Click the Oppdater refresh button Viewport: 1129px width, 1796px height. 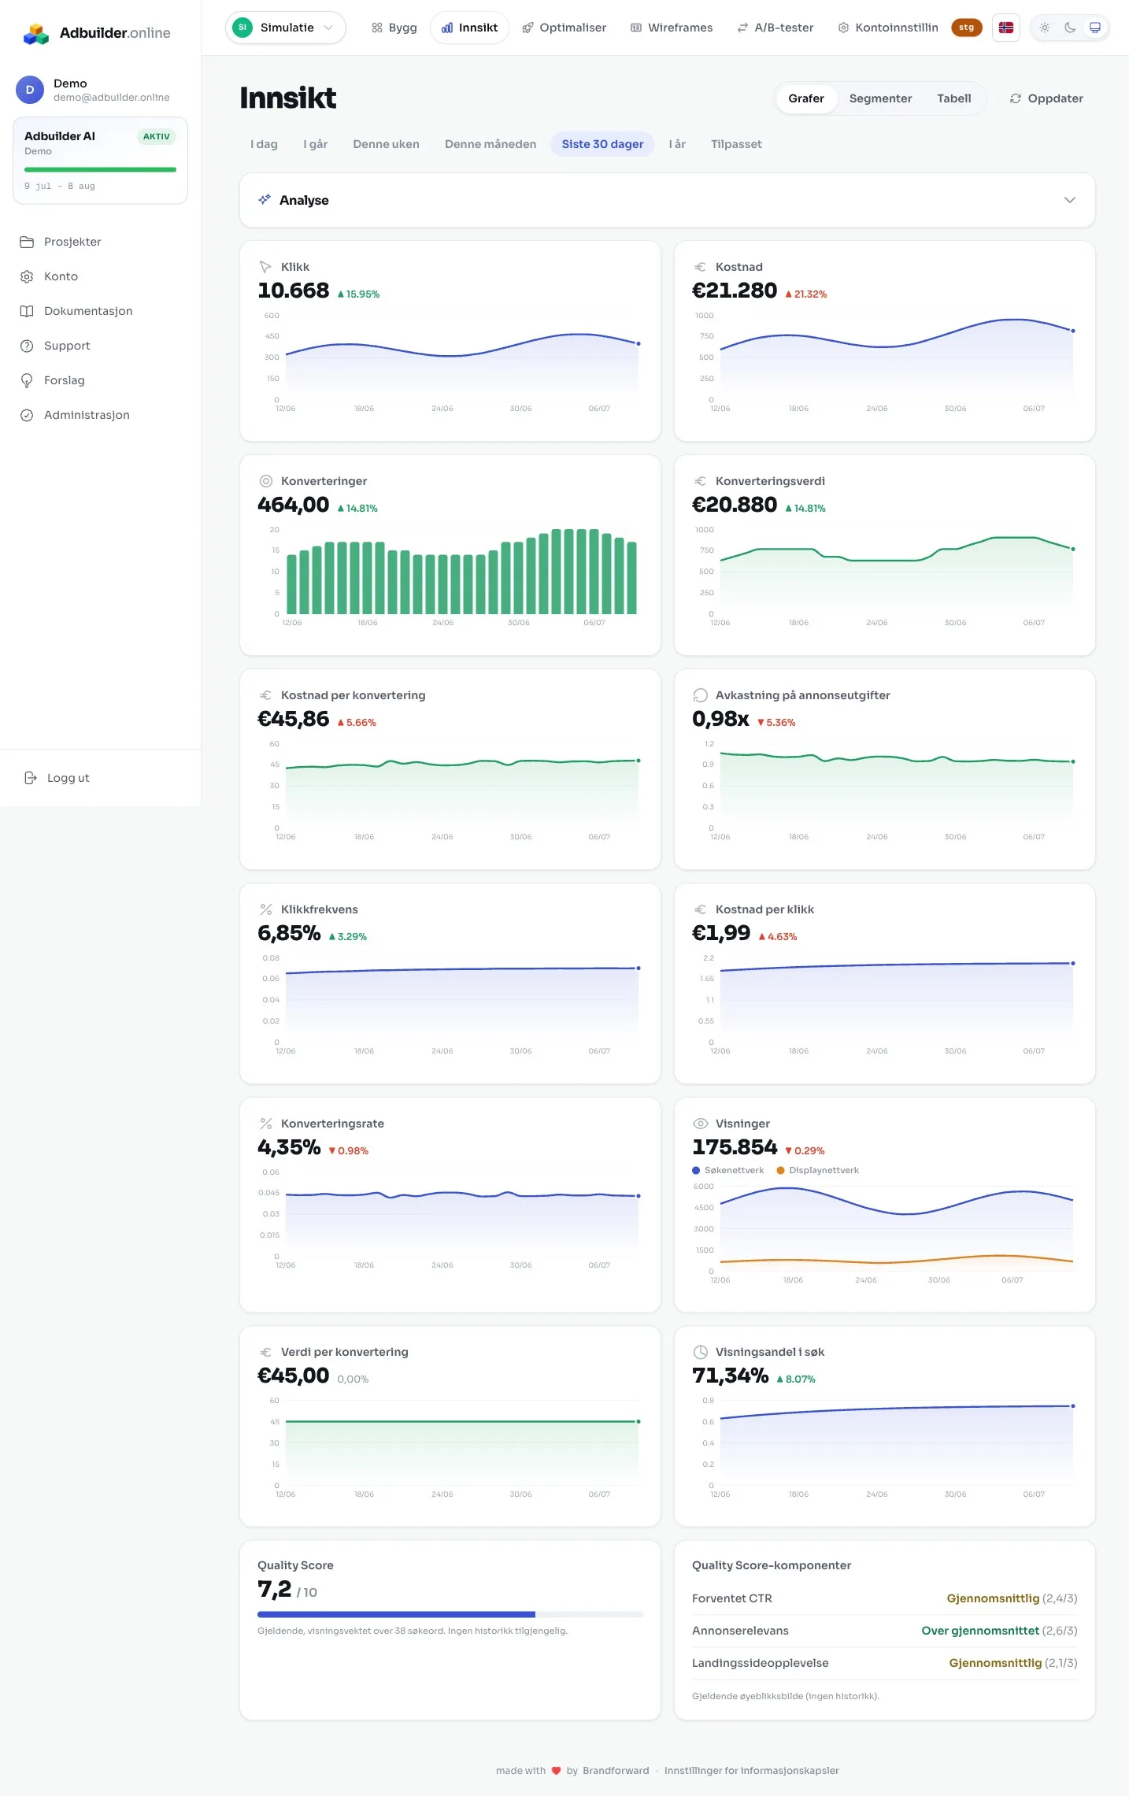[x=1046, y=98]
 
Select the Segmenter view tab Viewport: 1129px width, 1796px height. [x=880, y=98]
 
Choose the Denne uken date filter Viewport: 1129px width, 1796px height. [x=386, y=144]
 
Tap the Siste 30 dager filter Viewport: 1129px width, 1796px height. [x=602, y=144]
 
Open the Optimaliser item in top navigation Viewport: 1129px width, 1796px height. [x=564, y=28]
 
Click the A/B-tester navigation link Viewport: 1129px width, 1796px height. [x=775, y=28]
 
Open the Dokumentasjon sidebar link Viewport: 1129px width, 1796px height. [x=88, y=311]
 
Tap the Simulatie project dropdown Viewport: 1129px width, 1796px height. [x=286, y=28]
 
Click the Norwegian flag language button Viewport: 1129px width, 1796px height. [x=1006, y=28]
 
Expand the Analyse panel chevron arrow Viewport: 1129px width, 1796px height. [x=1069, y=200]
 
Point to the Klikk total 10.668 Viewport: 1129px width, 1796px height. [x=294, y=291]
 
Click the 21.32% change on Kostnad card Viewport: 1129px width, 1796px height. [x=806, y=294]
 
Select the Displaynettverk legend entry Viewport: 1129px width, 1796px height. [x=817, y=1170]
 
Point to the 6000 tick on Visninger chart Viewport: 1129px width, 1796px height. [x=704, y=1187]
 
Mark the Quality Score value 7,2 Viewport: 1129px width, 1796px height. [x=275, y=1590]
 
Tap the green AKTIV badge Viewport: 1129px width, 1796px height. [x=157, y=136]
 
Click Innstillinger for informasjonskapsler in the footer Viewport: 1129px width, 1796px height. [x=752, y=1771]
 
